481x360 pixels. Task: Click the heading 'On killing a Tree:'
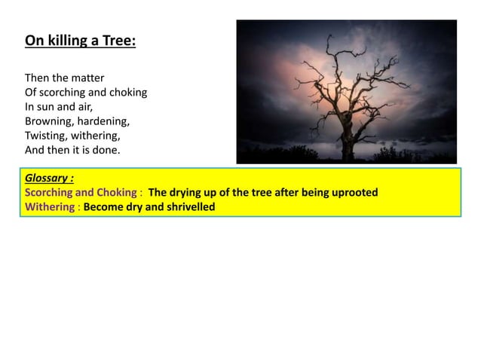(81, 40)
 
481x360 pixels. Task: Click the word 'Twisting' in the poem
(46, 136)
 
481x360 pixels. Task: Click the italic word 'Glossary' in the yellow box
(49, 179)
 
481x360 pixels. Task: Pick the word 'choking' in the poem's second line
(128, 93)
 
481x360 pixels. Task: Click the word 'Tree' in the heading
(120, 40)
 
